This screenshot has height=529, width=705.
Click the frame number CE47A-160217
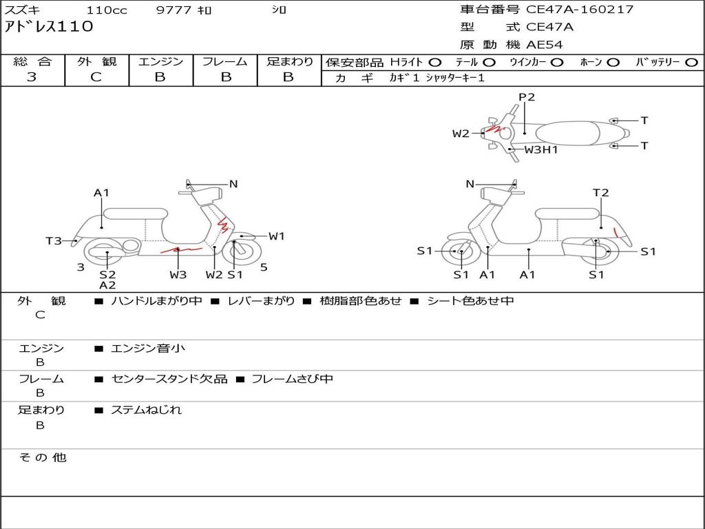click(580, 10)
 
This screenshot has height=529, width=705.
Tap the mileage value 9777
click(173, 10)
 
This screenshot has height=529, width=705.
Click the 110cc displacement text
click(107, 10)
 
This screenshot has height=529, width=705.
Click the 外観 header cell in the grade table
click(96, 61)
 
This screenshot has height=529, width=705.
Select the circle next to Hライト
click(435, 63)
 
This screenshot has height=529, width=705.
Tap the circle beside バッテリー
click(691, 63)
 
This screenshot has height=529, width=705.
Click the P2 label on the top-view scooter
click(527, 96)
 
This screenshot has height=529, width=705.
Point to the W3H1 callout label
click(541, 149)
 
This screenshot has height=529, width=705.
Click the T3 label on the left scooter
click(54, 240)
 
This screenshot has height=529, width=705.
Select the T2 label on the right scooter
click(600, 193)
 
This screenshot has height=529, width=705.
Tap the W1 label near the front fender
click(277, 236)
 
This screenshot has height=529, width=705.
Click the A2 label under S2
click(107, 285)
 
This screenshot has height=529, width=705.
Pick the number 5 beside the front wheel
click(264, 267)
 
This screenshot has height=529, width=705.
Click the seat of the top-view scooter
click(567, 134)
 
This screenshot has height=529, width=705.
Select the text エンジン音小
click(148, 348)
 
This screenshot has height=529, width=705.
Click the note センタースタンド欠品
click(169, 380)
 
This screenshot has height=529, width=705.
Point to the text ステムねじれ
click(147, 410)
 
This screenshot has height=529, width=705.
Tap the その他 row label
click(43, 457)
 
